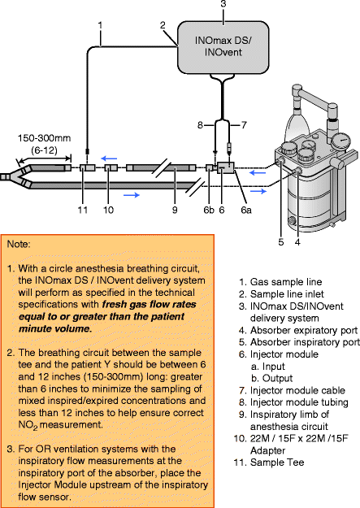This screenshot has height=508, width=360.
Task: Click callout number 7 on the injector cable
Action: [x=241, y=124]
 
